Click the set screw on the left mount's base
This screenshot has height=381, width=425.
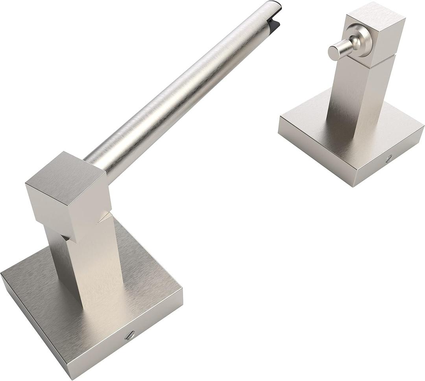pyautogui.click(x=129, y=335)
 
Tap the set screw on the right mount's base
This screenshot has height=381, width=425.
pyautogui.click(x=389, y=158)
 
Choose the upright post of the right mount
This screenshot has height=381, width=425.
pyautogui.click(x=354, y=98)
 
